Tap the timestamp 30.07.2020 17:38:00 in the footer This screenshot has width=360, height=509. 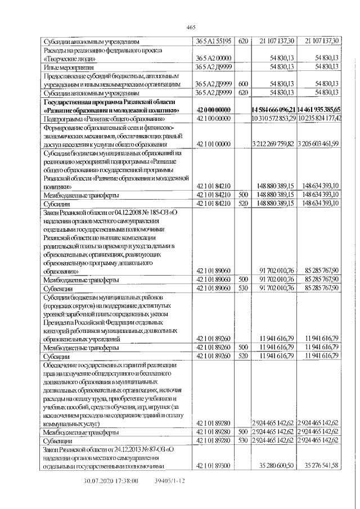(107, 481)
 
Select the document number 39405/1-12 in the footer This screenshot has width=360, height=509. (169, 481)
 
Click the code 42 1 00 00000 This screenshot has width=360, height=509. (214, 119)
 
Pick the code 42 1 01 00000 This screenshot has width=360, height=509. (214, 144)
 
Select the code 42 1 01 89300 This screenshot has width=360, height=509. (214, 466)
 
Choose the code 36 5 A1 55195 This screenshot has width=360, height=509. (214, 41)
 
